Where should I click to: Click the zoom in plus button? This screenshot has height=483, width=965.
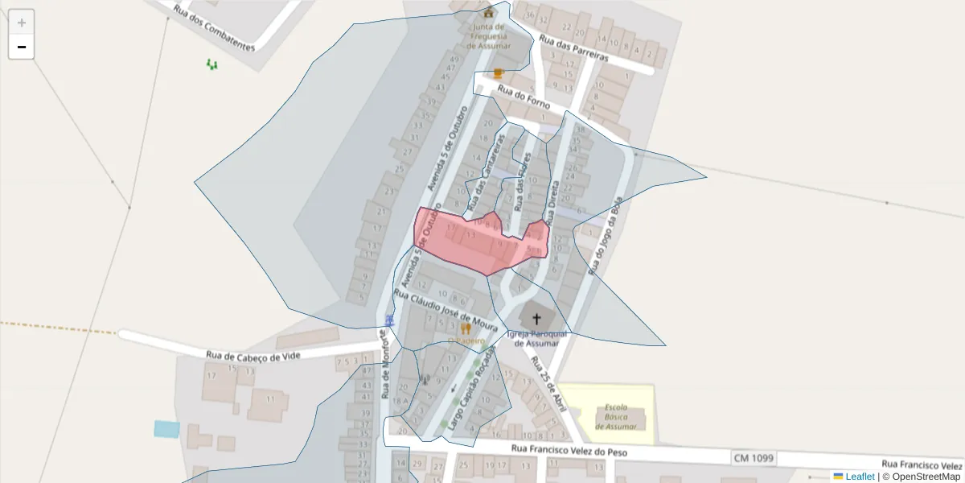click(22, 22)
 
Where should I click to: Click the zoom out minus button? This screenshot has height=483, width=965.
click(22, 47)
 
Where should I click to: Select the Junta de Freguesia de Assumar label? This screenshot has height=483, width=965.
click(488, 36)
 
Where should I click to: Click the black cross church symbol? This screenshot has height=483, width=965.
click(537, 320)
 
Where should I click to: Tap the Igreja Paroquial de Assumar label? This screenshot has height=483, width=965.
click(536, 338)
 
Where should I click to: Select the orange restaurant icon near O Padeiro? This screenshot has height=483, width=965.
click(466, 328)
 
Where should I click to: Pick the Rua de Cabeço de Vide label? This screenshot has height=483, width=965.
click(253, 353)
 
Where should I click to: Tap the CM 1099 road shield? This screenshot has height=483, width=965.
click(754, 458)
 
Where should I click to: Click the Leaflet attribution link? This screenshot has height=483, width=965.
click(859, 477)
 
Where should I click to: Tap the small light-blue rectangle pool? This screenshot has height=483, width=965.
click(167, 428)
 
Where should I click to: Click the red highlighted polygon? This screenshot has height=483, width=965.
click(474, 242)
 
